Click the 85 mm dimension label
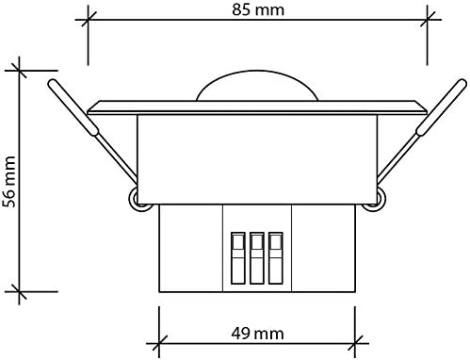click(258, 9)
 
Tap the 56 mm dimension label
click(8, 182)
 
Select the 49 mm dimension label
click(257, 334)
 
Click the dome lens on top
click(257, 85)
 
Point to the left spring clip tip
click(52, 83)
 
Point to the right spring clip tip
click(462, 83)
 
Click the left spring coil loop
click(138, 200)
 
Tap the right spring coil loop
click(376, 200)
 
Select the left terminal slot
click(238, 258)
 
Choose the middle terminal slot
click(257, 258)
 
